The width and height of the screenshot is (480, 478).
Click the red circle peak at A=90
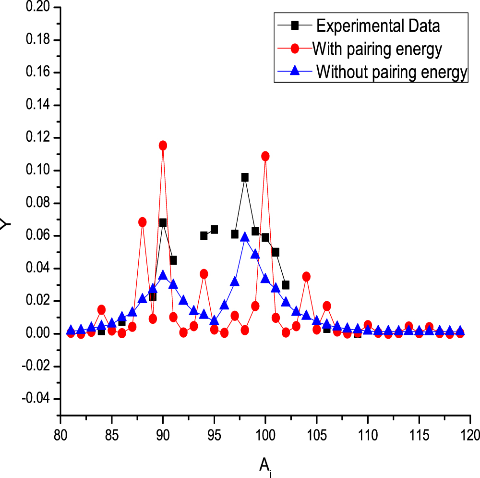[163, 146]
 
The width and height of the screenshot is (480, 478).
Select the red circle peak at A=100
[265, 156]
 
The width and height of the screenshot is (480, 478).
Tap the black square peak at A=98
[245, 177]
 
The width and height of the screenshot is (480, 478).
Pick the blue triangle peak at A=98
[245, 237]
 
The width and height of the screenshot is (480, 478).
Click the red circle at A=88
[143, 222]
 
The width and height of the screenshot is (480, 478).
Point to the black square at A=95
[214, 229]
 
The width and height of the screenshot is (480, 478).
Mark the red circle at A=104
[306, 277]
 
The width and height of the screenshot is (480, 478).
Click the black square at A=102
[286, 285]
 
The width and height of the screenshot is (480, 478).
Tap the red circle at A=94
[204, 274]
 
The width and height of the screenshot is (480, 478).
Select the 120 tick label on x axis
[469, 435]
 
